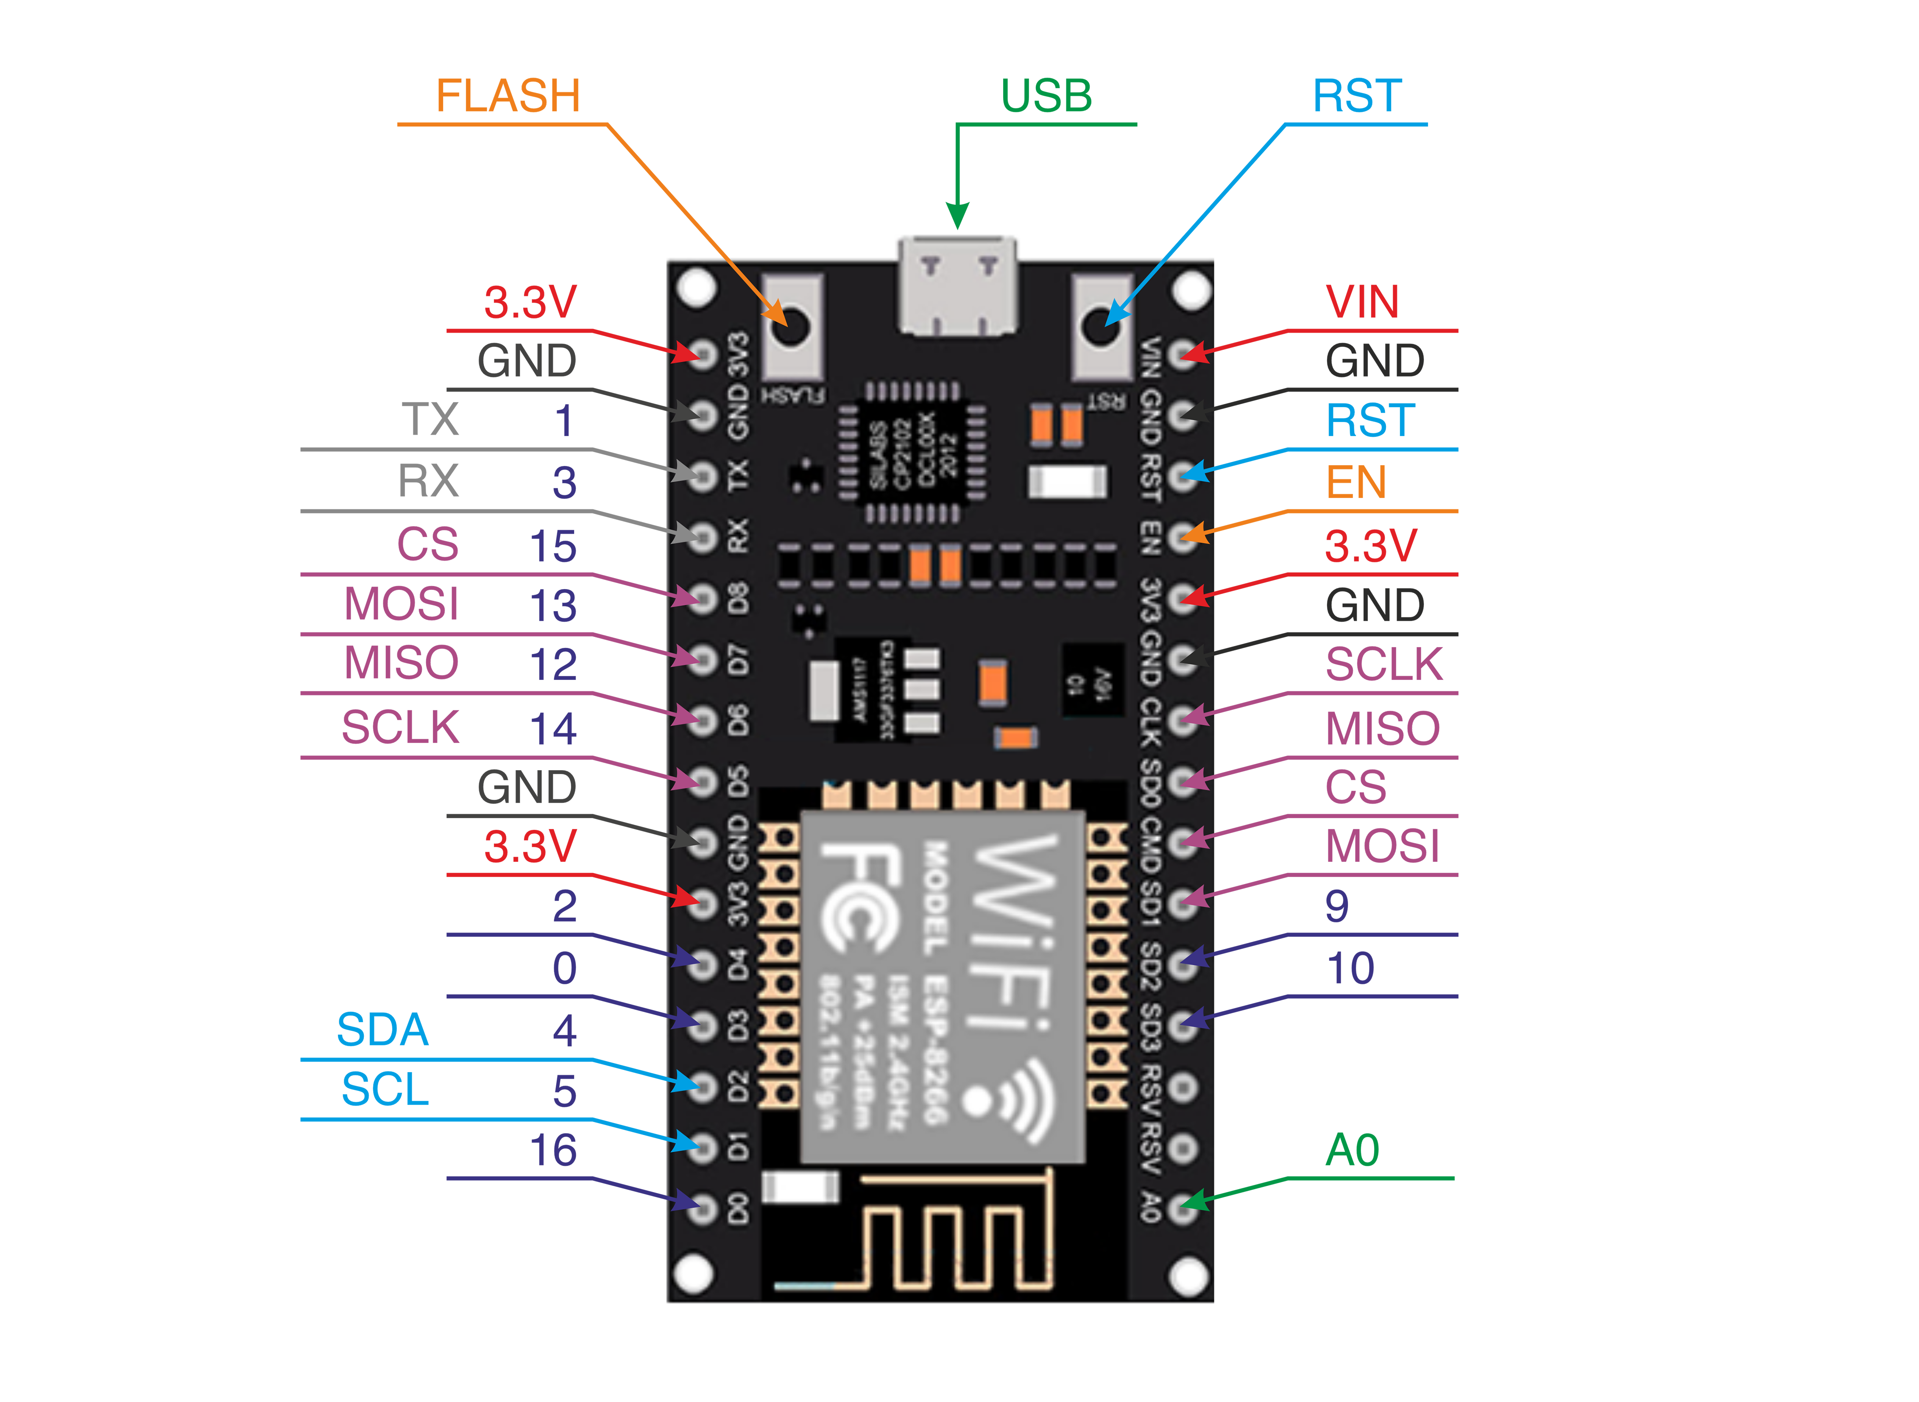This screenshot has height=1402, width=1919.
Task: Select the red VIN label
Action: [x=1361, y=302]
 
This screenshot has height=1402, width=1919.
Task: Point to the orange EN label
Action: [x=1356, y=483]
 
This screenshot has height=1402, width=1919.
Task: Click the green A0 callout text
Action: [x=1352, y=1151]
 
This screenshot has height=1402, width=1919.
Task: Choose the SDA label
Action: [x=382, y=1030]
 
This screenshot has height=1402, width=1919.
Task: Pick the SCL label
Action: [x=385, y=1090]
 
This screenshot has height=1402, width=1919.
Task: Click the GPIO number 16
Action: [x=553, y=1151]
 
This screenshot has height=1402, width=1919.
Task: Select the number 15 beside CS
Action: [x=553, y=546]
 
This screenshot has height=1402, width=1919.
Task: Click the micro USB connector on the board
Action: [x=958, y=287]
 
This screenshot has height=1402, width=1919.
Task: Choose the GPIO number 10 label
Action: [x=1350, y=968]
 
